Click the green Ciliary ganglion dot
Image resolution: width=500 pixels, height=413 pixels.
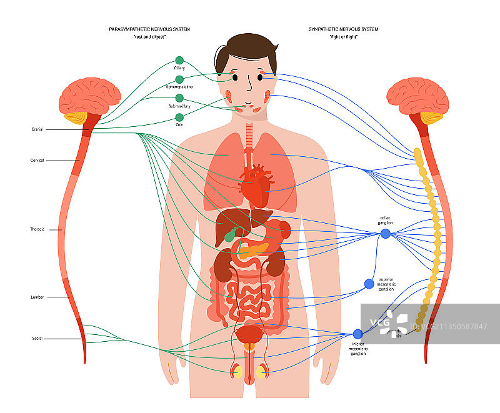coord(180,61)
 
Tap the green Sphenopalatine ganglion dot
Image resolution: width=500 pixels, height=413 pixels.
coord(180,79)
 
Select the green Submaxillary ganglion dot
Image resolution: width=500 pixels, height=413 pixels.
coord(180,98)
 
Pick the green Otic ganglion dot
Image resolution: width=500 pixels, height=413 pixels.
coord(180,117)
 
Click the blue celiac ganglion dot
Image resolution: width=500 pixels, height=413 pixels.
coord(386,234)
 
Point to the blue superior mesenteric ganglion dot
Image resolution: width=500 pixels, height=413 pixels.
coord(369,284)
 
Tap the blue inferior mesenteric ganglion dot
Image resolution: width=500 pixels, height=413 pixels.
coord(357,334)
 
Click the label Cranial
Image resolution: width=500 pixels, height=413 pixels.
coord(37,129)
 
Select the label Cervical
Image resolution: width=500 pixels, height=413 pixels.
coord(37,161)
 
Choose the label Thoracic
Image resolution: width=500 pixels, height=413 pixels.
coord(37,229)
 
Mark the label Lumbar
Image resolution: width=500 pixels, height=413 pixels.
coord(37,297)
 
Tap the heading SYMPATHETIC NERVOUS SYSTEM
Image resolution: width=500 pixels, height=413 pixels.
coord(343,29)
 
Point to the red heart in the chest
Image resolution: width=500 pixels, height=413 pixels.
coord(254,187)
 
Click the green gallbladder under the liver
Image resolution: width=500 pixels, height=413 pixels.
coord(231,236)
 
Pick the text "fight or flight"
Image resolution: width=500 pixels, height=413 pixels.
coord(343,37)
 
